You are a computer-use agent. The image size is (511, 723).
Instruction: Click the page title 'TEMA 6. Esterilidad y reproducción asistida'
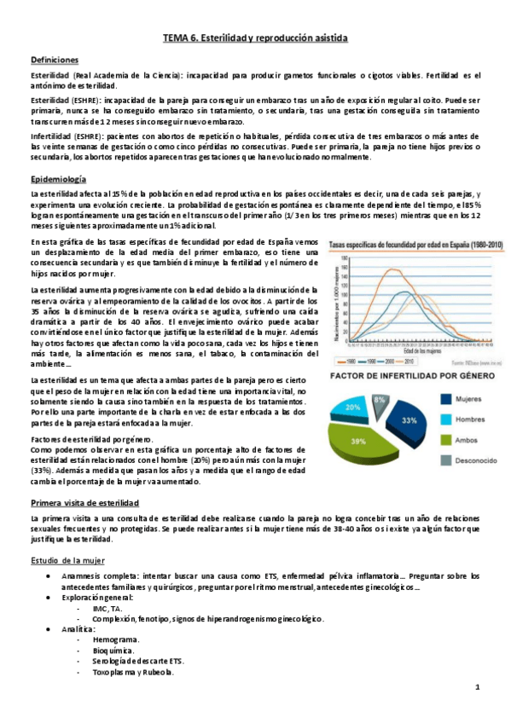point(255,39)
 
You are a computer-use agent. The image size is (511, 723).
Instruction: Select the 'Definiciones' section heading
point(55,61)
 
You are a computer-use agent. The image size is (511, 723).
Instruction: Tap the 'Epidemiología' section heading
point(58,179)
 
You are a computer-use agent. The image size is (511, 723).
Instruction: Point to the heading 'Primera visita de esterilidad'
point(84,503)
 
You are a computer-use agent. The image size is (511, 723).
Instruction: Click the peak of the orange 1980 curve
point(392,270)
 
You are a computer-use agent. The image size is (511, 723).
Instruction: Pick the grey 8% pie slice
point(380,398)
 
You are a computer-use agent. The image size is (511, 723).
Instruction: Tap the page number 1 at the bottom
point(478,687)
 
